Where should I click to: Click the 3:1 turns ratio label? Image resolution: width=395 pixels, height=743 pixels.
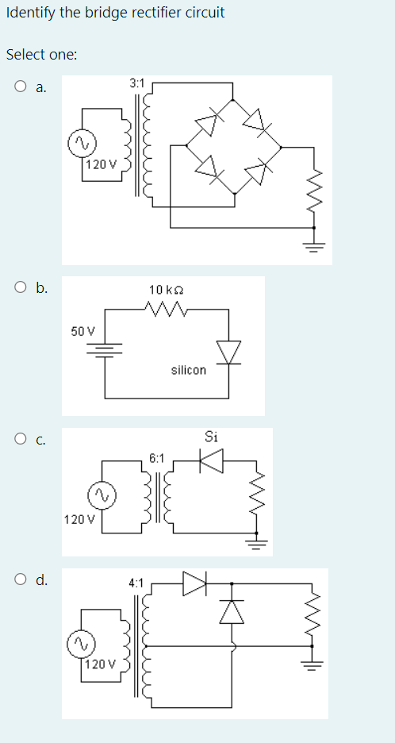(136, 83)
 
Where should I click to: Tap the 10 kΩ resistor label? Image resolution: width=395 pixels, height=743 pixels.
(165, 291)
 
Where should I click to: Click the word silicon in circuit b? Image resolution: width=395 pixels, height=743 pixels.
(188, 370)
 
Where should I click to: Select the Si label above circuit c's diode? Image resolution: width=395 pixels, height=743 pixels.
(211, 436)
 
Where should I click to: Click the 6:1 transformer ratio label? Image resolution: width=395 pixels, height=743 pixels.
(156, 458)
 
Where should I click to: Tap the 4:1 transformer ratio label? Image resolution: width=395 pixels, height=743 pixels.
(136, 583)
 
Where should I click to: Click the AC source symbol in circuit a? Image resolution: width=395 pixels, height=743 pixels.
(81, 143)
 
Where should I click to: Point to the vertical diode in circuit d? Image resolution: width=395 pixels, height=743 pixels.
(232, 610)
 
